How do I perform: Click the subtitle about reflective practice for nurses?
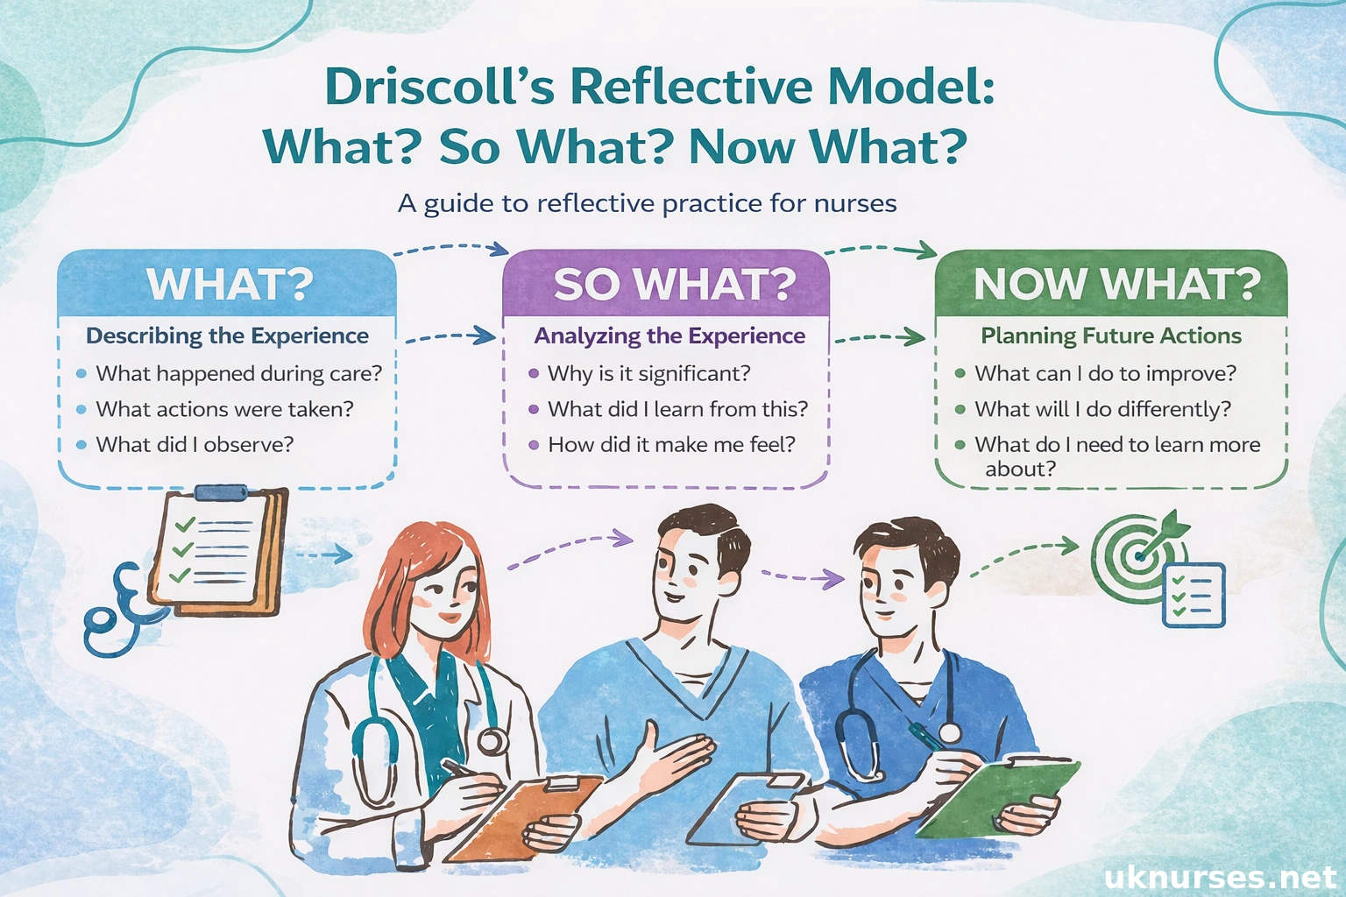click(647, 204)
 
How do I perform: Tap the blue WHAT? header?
click(229, 284)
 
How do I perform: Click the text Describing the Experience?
click(227, 336)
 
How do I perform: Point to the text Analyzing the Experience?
click(669, 336)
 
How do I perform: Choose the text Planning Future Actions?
click(1110, 336)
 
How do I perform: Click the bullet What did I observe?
click(195, 445)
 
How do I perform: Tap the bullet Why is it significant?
click(648, 374)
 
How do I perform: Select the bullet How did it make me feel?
click(671, 445)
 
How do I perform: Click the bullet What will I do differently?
click(1102, 410)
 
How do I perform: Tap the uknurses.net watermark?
click(1220, 877)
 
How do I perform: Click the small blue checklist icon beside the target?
click(1193, 596)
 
